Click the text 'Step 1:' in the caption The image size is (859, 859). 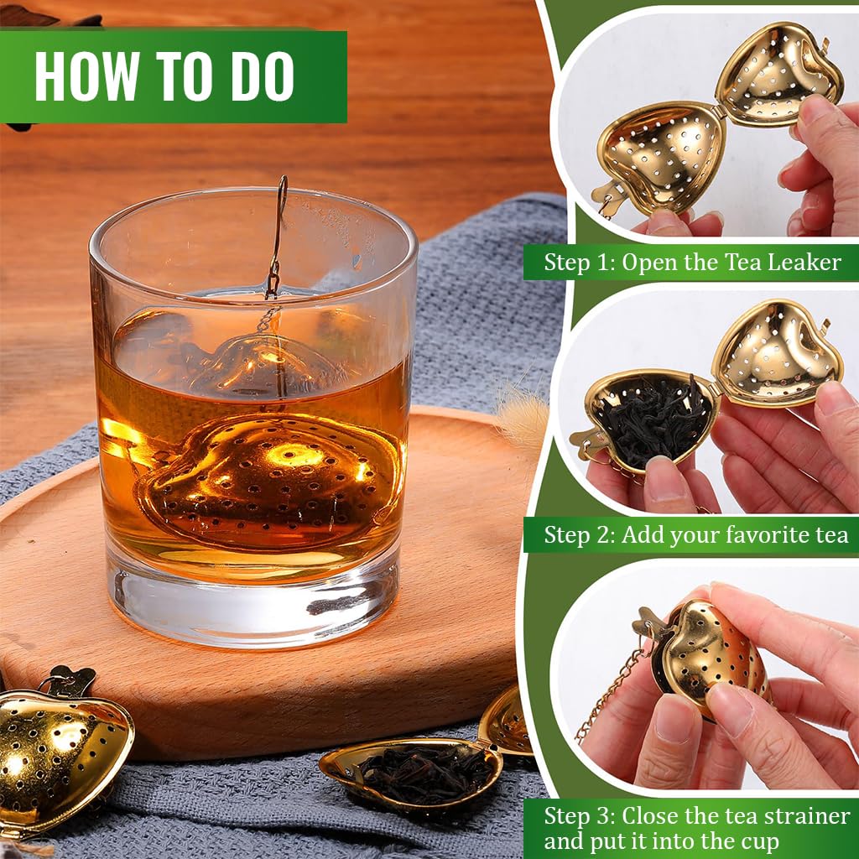click(x=579, y=263)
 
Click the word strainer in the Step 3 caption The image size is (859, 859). click(x=806, y=816)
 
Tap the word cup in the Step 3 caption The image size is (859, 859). click(x=759, y=841)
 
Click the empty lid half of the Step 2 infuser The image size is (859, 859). click(x=776, y=352)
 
